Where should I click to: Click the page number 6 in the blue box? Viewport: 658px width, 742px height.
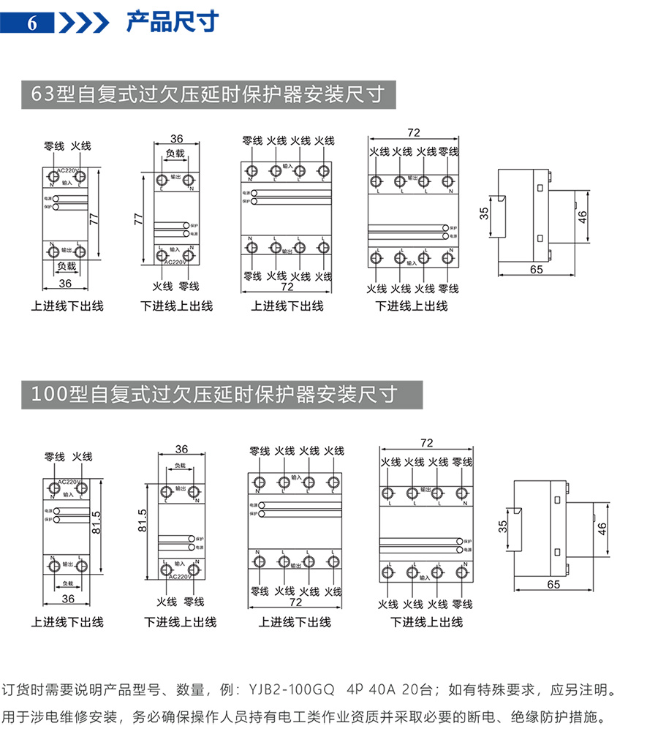coord(31,23)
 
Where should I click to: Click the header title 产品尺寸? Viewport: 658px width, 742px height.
coord(173,22)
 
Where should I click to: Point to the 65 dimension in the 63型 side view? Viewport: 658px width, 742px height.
coord(536,269)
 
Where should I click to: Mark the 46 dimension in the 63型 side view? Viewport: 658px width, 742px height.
coord(582,217)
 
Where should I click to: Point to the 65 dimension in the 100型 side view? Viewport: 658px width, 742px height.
coord(553,584)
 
